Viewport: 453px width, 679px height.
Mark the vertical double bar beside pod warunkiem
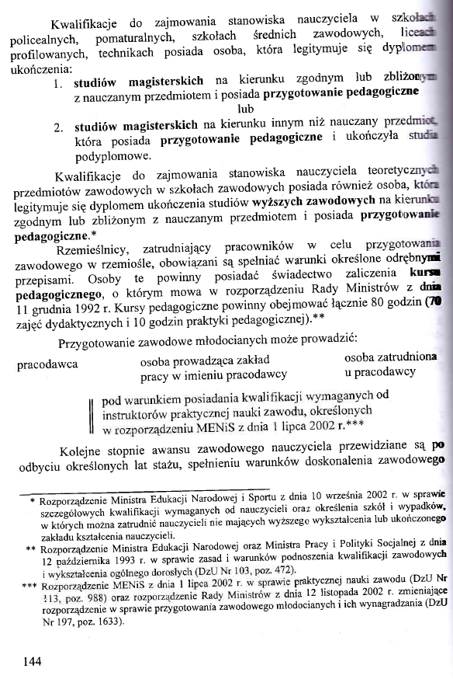[92, 413]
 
